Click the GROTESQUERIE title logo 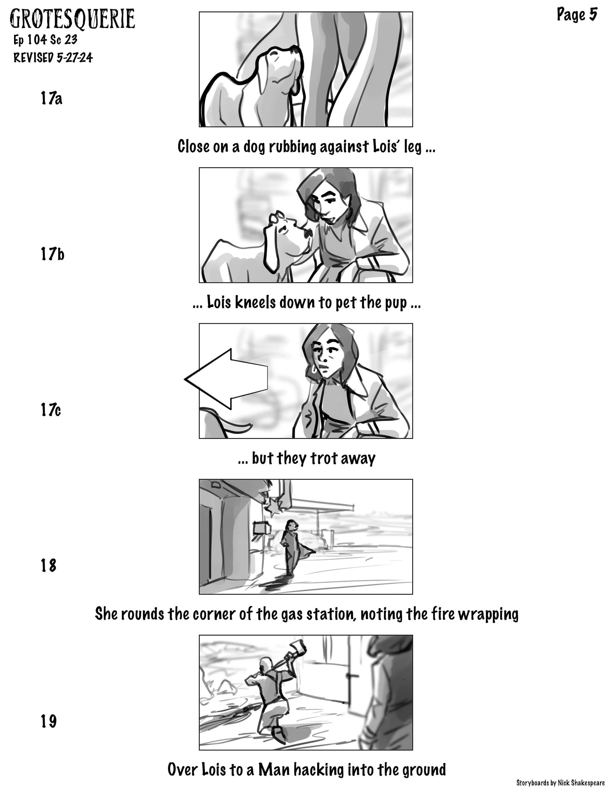[x=72, y=19]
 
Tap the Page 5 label [x=577, y=15]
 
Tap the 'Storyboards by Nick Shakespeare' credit [x=560, y=783]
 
